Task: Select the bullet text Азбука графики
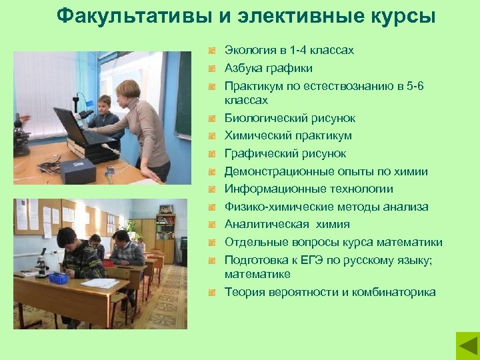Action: point(268,68)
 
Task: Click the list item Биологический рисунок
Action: point(289,118)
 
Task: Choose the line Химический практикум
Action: point(288,136)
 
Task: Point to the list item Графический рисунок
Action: point(285,154)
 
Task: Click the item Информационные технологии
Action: point(309,189)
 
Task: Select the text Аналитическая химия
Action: point(287,225)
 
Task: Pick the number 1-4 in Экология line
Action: point(302,50)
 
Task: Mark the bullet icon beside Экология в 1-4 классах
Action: point(212,51)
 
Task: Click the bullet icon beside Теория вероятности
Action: point(212,293)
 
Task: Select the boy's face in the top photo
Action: point(103,105)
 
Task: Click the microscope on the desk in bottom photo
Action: point(41,263)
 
